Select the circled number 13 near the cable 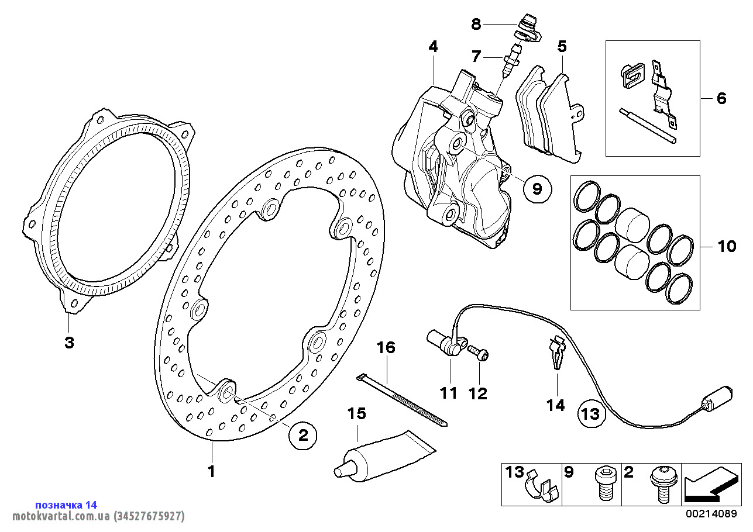pos(590,414)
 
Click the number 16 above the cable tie pos(386,348)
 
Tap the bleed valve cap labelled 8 pos(529,27)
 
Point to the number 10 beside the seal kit pos(727,246)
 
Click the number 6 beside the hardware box pos(721,98)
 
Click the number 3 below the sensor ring pos(69,343)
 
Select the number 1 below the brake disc pos(212,471)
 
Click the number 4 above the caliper pos(433,46)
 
